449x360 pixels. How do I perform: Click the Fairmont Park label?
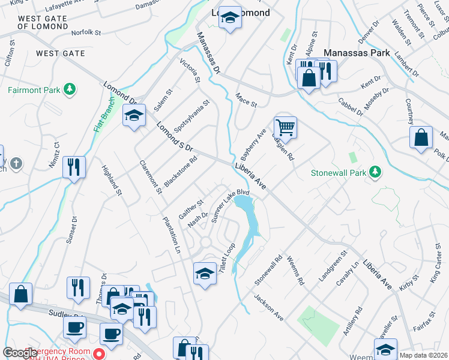[34, 91]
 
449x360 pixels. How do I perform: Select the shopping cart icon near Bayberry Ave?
[286, 127]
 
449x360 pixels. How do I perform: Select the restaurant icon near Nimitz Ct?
[74, 166]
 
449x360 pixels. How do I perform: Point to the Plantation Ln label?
[172, 233]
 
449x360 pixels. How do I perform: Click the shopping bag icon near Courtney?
[421, 137]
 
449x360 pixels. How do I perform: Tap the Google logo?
[20, 353]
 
